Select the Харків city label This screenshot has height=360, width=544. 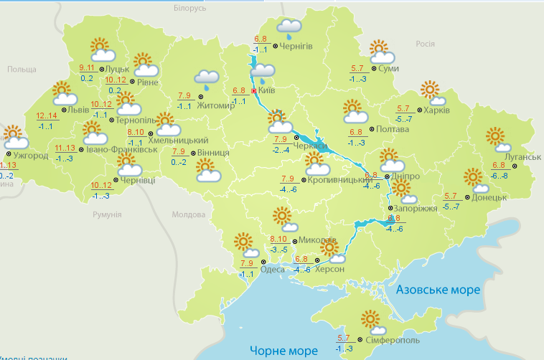436,110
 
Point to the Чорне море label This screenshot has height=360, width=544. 283,351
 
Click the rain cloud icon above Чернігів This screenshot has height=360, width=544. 289,28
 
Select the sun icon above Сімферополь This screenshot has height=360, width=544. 370,319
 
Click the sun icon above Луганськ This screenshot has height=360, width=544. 494,137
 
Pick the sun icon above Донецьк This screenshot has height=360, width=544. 473,176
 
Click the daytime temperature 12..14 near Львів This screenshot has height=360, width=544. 47,116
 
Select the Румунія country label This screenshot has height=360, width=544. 108,214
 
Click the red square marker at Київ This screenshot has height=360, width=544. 254,92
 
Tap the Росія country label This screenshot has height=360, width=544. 426,44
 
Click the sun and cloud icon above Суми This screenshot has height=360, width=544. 381,52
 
